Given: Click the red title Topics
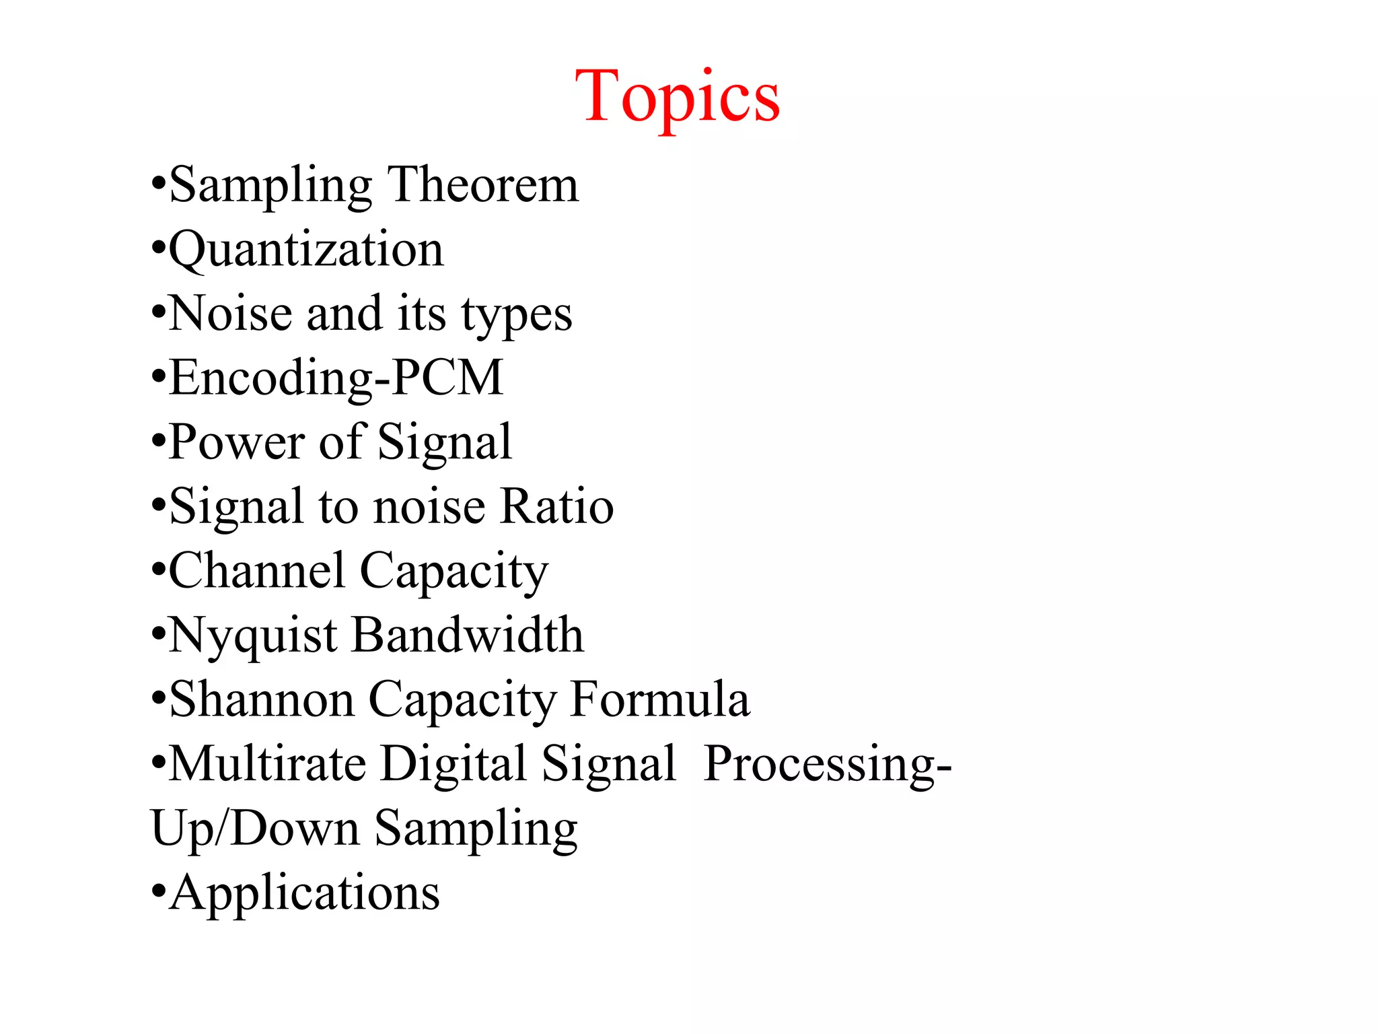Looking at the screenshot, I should (677, 98).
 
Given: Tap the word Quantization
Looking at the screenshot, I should (306, 249).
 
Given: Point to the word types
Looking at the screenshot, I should (516, 315).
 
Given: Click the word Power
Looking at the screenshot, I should (236, 442).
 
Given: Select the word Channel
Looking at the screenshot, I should (256, 571).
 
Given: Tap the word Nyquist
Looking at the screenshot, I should (253, 636).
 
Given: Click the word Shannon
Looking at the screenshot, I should (262, 699).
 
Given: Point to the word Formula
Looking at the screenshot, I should (659, 699).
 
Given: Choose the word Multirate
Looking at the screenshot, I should (267, 763).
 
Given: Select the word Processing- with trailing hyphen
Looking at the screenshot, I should (827, 765).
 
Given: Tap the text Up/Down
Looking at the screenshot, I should (255, 829).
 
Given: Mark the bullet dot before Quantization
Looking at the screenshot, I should (158, 249).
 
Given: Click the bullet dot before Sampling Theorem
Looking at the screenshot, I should (158, 184).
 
